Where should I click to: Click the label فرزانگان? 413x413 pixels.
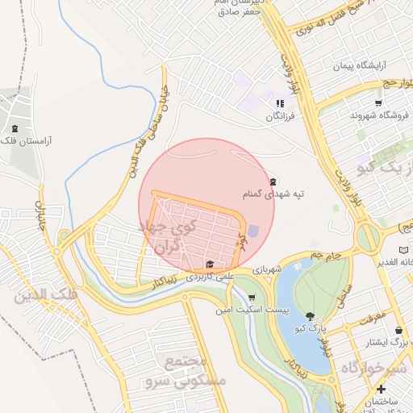tap(282, 117)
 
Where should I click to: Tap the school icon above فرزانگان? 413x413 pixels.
tap(280, 104)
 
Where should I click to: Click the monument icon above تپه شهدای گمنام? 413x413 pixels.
tap(273, 181)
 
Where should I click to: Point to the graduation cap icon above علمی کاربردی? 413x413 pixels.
tap(210, 264)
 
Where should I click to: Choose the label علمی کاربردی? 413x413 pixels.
tap(209, 276)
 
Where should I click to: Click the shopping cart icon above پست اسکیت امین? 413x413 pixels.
tap(252, 298)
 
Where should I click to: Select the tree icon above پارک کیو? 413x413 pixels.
tap(311, 315)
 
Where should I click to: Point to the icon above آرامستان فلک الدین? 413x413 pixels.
tap(14, 127)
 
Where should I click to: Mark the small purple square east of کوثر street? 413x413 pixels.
tap(253, 231)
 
